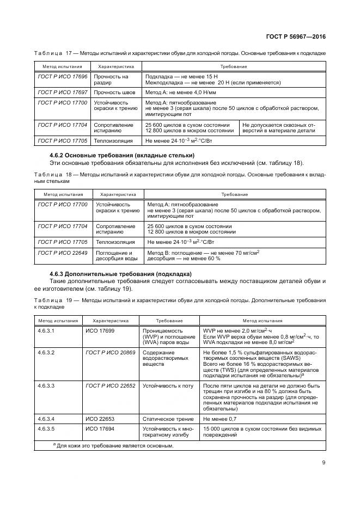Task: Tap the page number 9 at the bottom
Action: (x=323, y=464)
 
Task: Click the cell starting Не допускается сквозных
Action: (x=282, y=128)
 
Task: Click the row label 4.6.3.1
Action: (x=47, y=330)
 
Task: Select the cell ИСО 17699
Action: (x=98, y=330)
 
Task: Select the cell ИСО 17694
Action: (x=98, y=429)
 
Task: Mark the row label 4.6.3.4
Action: (x=47, y=419)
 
